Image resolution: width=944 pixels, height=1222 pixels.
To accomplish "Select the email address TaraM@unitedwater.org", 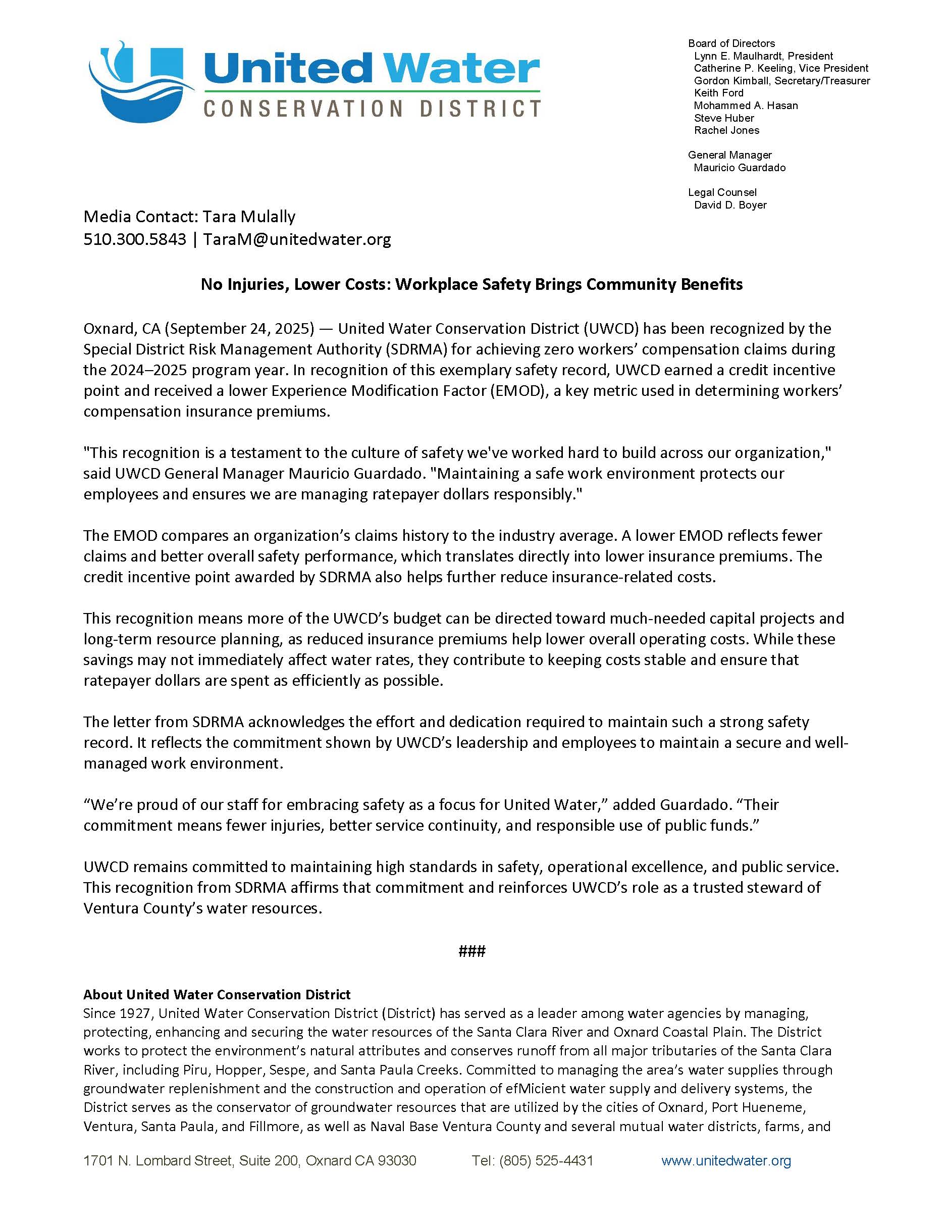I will pyautogui.click(x=297, y=239).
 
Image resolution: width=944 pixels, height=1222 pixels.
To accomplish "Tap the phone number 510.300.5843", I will pyautogui.click(x=135, y=239).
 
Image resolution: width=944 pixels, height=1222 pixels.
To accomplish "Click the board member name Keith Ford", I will pyautogui.click(x=719, y=93).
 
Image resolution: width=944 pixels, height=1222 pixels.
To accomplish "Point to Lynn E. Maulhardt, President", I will pyautogui.click(x=763, y=56).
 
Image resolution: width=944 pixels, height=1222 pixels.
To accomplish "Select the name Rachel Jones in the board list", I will pyautogui.click(x=726, y=130).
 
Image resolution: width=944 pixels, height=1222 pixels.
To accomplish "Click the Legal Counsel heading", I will pyautogui.click(x=722, y=192).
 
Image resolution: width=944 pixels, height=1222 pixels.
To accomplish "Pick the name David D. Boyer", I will pyautogui.click(x=730, y=205).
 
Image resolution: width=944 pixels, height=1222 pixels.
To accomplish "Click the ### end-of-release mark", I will pyautogui.click(x=471, y=951).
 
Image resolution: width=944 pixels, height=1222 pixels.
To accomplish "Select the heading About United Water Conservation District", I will pyautogui.click(x=217, y=994).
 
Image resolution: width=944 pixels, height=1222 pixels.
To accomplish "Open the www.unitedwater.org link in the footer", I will pyautogui.click(x=726, y=1161).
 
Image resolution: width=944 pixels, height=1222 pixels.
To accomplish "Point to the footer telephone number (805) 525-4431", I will pyautogui.click(x=533, y=1161).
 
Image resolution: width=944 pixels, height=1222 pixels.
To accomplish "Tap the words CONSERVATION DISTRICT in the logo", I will pyautogui.click(x=372, y=108).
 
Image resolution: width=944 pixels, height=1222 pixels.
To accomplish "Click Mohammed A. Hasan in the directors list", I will pyautogui.click(x=746, y=105).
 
